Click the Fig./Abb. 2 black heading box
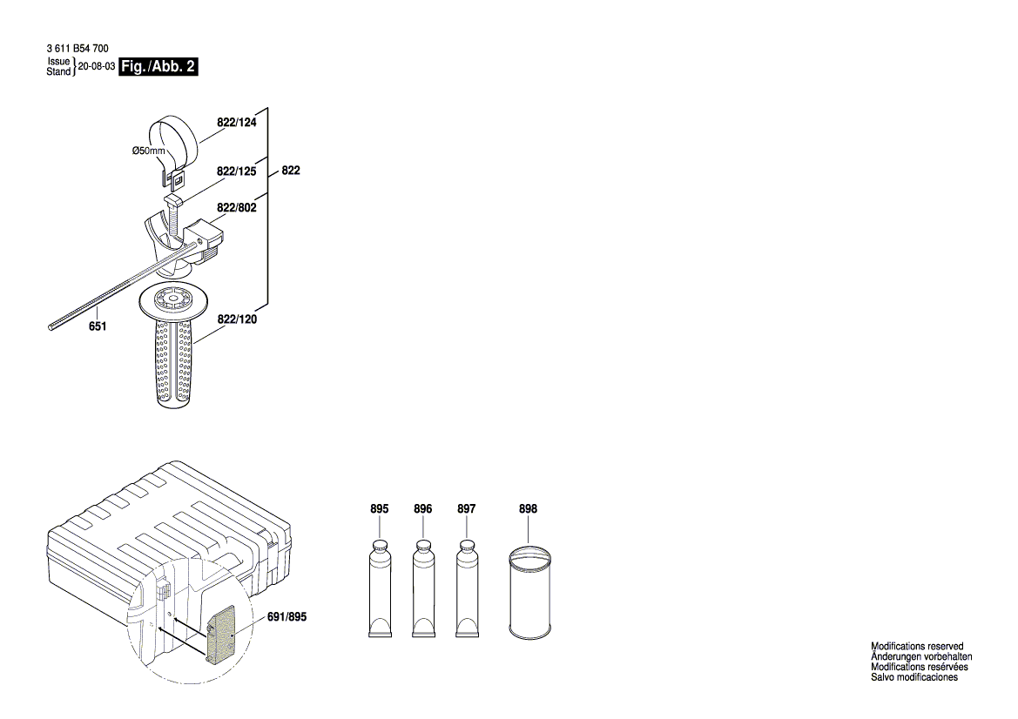point(158,68)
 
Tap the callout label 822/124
point(237,123)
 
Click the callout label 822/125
point(237,172)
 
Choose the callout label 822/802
point(237,208)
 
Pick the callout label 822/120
point(237,320)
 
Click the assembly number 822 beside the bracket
point(290,171)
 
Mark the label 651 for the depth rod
point(98,326)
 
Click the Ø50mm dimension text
point(147,151)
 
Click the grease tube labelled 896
point(423,592)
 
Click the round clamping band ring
point(173,138)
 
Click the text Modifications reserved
point(917,647)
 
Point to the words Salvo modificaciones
point(914,677)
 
